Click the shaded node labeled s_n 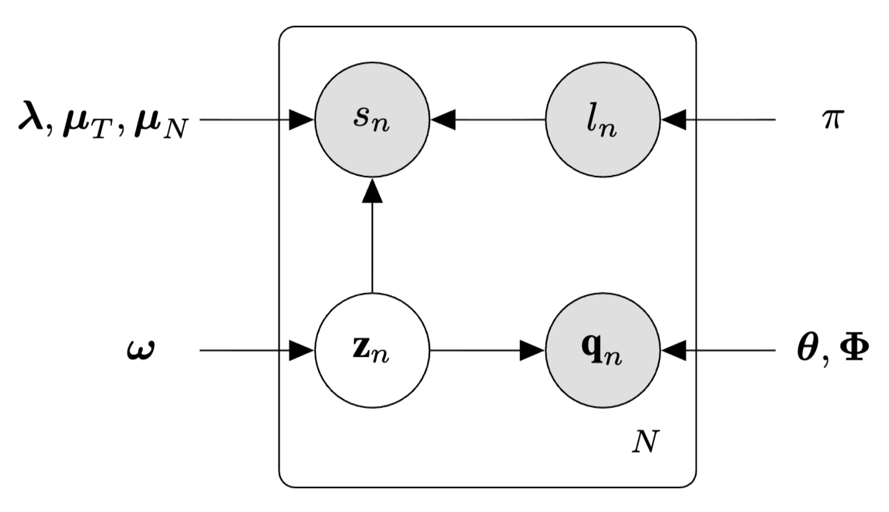coord(372,120)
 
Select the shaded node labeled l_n coord(602,120)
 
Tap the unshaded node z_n coord(372,350)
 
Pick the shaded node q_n coord(602,350)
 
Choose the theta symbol coord(808,349)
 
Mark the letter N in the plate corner coord(645,441)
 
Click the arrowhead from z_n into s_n coord(372,191)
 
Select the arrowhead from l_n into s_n coord(443,120)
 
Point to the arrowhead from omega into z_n coord(301,350)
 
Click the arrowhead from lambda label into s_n coord(301,120)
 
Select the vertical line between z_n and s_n coord(372,246)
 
